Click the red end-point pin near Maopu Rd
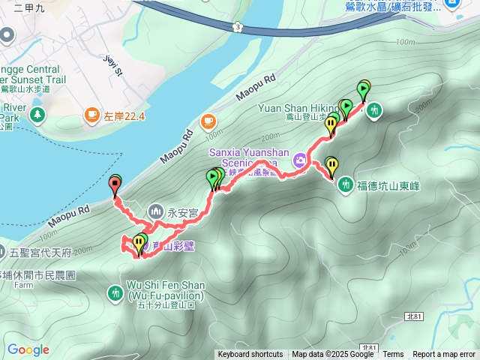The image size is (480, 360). [x=115, y=183]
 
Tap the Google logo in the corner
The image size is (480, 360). [x=28, y=350]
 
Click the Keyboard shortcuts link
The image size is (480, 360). [x=250, y=355]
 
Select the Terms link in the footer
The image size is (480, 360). [x=393, y=355]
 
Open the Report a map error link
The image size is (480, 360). [x=445, y=355]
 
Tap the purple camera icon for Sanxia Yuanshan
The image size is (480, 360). [x=300, y=159]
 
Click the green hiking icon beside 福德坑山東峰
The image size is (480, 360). [x=346, y=184]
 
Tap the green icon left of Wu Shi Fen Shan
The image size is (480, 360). [x=115, y=292]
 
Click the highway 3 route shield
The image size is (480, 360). [x=238, y=27]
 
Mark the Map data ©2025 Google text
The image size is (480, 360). [x=333, y=355]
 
